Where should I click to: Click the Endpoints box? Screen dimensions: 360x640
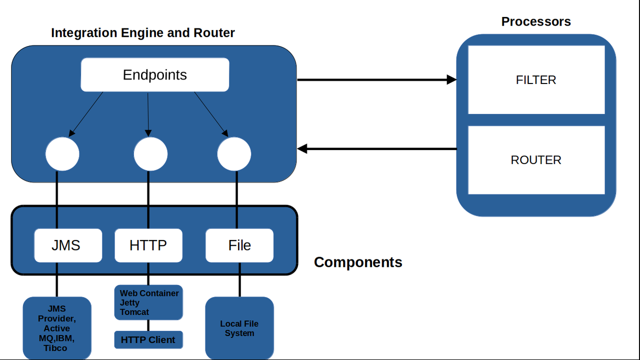click(x=155, y=75)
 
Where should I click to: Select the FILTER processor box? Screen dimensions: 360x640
click(x=536, y=80)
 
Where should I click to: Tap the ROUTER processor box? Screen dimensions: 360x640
click(x=536, y=160)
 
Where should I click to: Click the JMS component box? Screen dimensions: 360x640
click(x=68, y=245)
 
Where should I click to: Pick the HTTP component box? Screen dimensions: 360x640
click(x=148, y=245)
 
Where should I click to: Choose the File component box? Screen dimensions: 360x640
click(x=239, y=245)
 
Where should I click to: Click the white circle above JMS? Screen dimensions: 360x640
click(x=62, y=154)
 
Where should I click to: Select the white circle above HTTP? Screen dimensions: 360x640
click(x=150, y=154)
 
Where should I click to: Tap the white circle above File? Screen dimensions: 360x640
click(x=234, y=154)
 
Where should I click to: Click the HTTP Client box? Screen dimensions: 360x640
click(x=148, y=340)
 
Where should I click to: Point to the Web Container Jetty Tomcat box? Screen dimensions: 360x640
click(x=148, y=302)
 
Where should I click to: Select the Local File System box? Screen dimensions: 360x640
click(x=239, y=328)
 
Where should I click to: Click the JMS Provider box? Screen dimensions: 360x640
click(x=57, y=328)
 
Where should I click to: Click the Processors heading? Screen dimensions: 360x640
click(x=536, y=22)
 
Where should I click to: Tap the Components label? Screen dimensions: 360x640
click(x=358, y=262)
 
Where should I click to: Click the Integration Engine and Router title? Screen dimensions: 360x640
click(x=143, y=33)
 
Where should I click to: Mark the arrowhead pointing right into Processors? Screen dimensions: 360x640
click(x=452, y=79)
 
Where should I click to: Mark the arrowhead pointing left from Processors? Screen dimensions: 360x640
click(x=302, y=148)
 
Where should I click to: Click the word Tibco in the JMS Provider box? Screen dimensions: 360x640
click(x=55, y=348)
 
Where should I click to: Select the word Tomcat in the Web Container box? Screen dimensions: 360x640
click(x=134, y=312)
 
